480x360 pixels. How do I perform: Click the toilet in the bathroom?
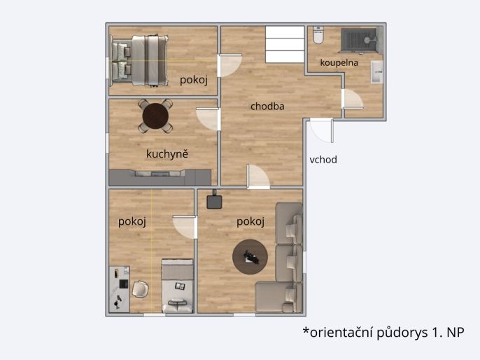[318, 35]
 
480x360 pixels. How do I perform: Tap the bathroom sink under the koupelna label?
[377, 72]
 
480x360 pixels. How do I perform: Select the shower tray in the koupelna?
[359, 39]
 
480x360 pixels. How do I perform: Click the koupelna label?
[339, 63]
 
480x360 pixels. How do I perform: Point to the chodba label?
[267, 106]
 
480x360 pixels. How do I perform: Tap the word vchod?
[323, 160]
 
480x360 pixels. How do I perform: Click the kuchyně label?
[167, 154]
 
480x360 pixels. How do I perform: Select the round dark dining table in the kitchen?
[155, 116]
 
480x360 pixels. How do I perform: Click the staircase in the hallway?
[285, 44]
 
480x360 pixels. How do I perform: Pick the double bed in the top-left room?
[140, 61]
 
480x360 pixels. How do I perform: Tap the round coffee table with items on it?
[250, 257]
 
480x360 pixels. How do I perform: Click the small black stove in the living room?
[214, 201]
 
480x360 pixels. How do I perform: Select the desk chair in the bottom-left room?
[140, 289]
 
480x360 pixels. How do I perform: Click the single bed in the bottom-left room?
[178, 286]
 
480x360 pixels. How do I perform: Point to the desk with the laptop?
[120, 289]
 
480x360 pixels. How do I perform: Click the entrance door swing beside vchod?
[321, 131]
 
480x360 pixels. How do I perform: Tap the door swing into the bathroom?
[353, 99]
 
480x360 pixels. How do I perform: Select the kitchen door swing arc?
[209, 119]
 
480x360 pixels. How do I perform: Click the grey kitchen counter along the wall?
[160, 178]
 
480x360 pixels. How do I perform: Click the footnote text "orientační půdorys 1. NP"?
[387, 332]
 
